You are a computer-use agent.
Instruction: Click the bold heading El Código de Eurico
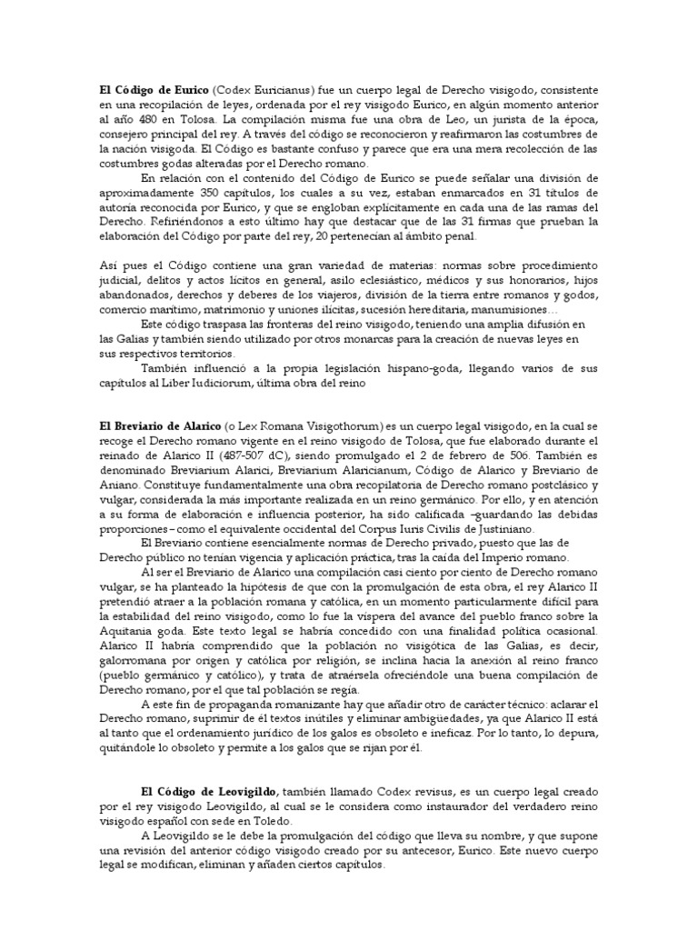153,90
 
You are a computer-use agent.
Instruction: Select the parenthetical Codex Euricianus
257,90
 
